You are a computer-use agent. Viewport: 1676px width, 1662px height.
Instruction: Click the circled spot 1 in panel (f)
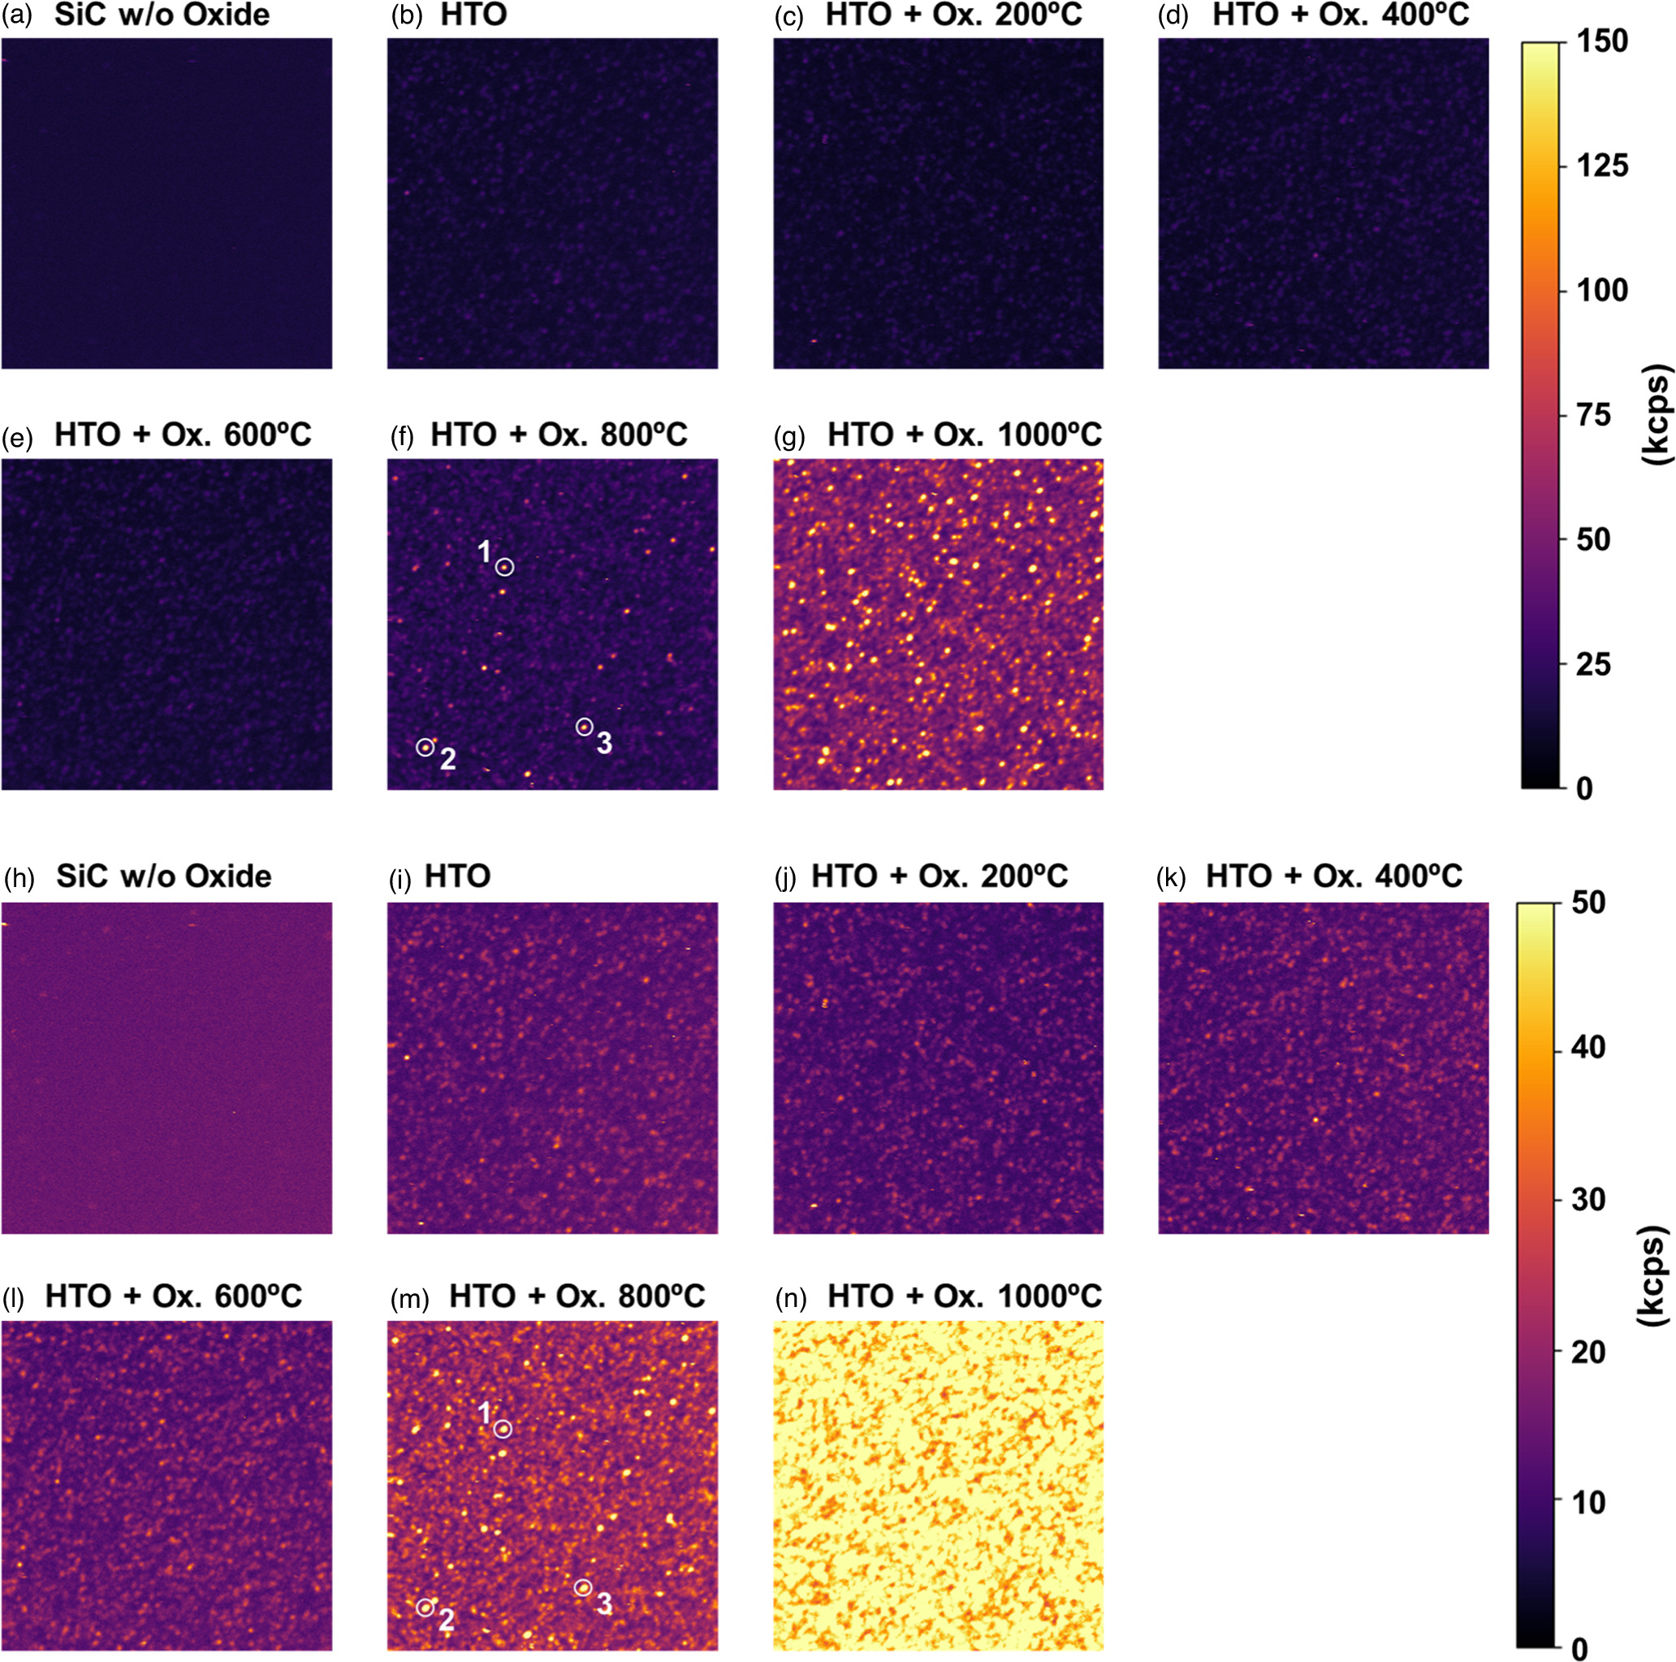[505, 567]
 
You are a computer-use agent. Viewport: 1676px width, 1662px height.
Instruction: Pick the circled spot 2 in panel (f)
[425, 747]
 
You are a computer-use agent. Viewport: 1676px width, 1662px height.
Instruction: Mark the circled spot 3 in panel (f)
[585, 727]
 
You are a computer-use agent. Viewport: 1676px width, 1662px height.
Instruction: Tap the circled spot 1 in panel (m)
[504, 1429]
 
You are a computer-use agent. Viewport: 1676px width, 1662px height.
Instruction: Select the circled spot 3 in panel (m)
[584, 1587]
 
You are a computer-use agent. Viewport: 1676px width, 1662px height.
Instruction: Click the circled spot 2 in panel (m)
[425, 1608]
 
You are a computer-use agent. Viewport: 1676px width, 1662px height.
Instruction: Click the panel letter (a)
[17, 15]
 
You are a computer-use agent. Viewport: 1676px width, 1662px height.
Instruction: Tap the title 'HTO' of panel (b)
[473, 15]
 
